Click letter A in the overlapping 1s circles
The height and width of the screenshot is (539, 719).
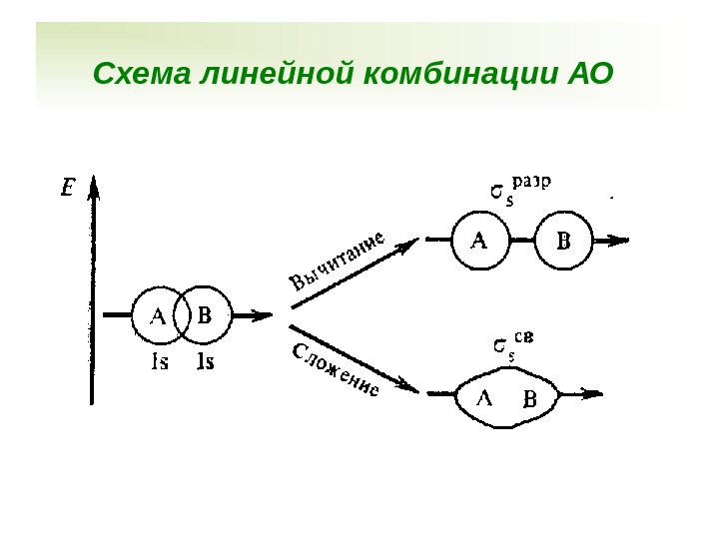(158, 316)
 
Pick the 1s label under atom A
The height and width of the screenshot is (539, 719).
(159, 362)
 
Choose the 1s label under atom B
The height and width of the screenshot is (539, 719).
(206, 362)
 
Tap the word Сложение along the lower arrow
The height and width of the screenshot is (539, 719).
(336, 369)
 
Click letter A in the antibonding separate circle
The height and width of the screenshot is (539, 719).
(479, 240)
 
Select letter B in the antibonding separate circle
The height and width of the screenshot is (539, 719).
(563, 241)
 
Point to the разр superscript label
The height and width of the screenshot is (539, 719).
(533, 182)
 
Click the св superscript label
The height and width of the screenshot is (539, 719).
(525, 336)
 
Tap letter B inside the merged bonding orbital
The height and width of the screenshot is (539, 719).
(530, 400)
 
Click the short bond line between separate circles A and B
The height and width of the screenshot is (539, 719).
(521, 240)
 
